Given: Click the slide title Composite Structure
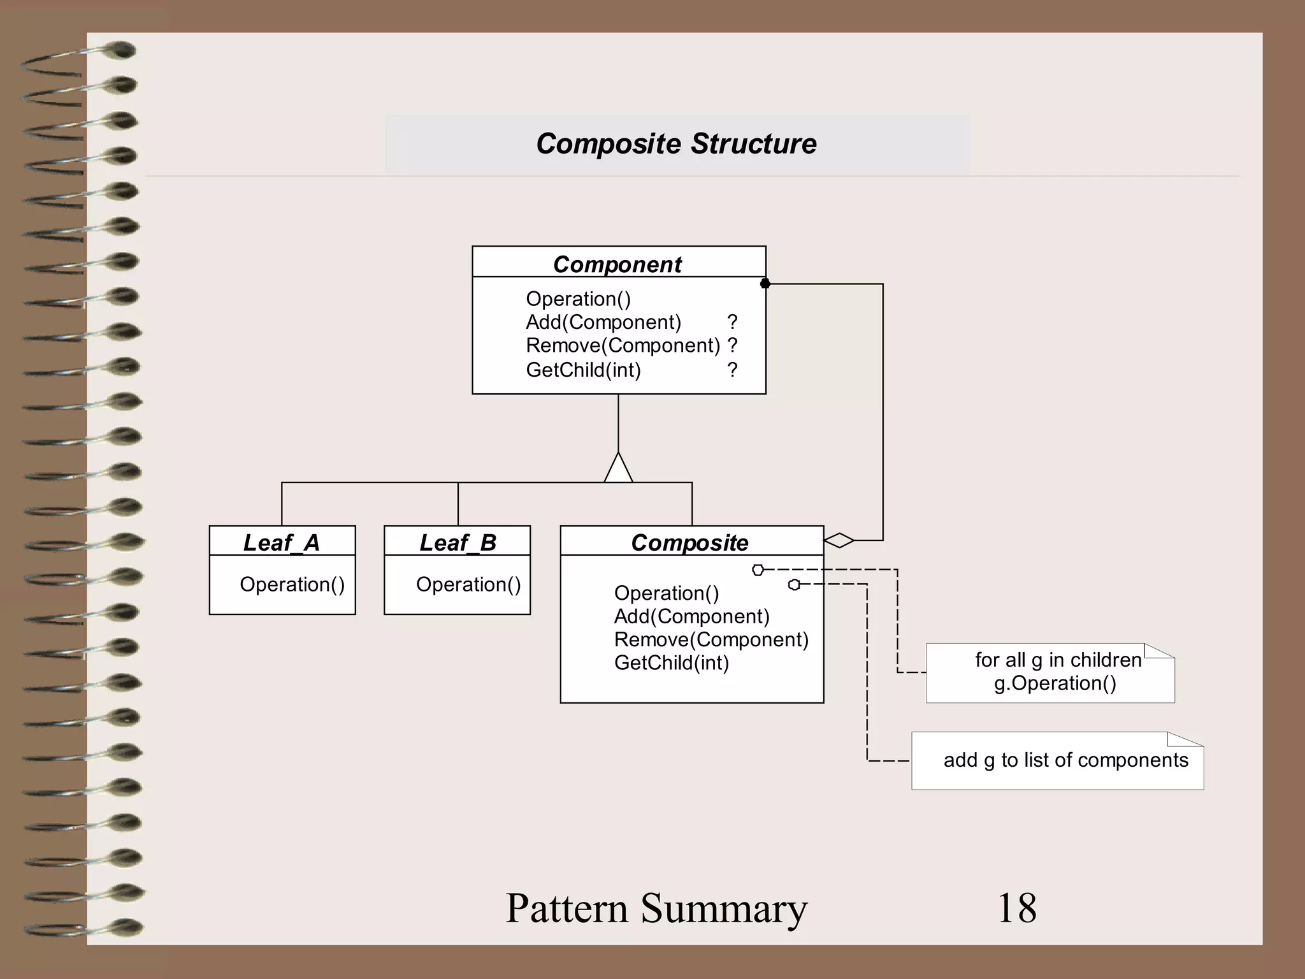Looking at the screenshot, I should tap(676, 144).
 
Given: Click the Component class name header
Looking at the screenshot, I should tap(617, 264).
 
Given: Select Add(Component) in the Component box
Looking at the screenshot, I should tap(603, 323).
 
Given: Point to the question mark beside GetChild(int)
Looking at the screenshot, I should tap(732, 370).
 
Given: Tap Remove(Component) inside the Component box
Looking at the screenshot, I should tap(623, 345).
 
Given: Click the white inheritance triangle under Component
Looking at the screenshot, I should tap(618, 470).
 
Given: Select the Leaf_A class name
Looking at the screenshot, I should tap(281, 542).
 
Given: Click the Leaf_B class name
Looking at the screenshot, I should tap(458, 542).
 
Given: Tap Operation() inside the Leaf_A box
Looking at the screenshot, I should tap(292, 584).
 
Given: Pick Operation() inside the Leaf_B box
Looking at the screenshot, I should tap(468, 584).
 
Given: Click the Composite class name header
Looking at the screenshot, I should tap(689, 542).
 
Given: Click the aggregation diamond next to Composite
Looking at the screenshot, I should tap(839, 540).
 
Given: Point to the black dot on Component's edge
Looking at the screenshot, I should tap(765, 284).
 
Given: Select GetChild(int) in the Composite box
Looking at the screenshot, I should tap(671, 663).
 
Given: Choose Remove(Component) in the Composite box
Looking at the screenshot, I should tap(710, 639).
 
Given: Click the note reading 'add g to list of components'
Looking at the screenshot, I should tap(1065, 760).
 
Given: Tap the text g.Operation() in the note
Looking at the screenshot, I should tap(1055, 683).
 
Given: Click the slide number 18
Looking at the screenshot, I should tap(1016, 908).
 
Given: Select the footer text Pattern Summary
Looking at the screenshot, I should tap(656, 908).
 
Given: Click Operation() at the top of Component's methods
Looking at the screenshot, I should tap(578, 299).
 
